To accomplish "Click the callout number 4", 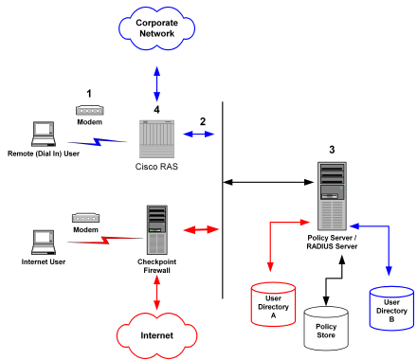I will click(157, 108).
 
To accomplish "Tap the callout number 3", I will click(331, 150).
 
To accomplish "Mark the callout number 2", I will click(202, 121).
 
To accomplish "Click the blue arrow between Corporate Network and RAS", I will click(157, 81).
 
